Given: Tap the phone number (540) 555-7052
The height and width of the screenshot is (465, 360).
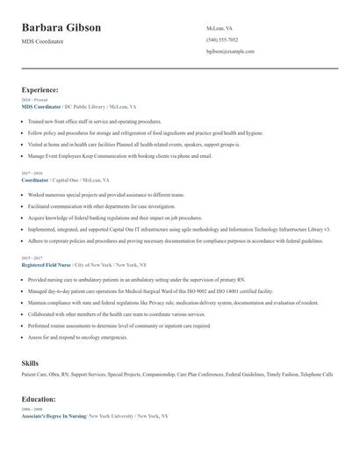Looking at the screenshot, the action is (221, 40).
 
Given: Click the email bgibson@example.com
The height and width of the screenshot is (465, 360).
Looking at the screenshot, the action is (230, 52).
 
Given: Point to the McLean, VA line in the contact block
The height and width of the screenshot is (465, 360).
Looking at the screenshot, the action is (220, 28).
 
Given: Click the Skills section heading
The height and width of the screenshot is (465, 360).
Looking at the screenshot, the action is (30, 361).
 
